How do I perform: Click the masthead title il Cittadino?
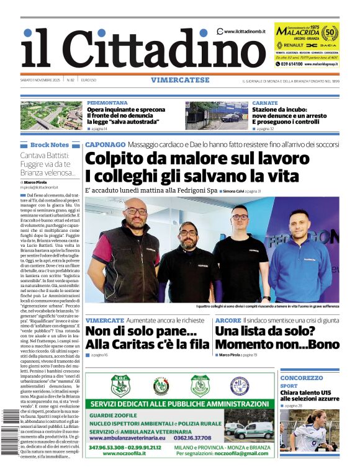(x=118, y=48)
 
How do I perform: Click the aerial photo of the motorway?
(x=51, y=115)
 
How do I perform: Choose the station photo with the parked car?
(x=215, y=115)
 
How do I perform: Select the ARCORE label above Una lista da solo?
(x=228, y=320)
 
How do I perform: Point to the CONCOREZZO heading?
(x=301, y=378)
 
